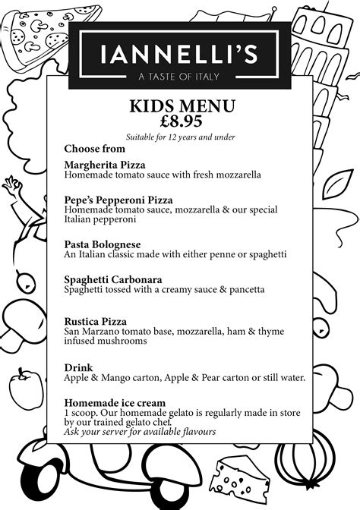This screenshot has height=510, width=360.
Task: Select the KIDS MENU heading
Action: click(x=182, y=105)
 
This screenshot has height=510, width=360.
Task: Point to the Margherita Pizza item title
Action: click(x=105, y=165)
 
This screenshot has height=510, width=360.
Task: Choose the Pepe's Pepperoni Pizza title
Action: click(x=113, y=200)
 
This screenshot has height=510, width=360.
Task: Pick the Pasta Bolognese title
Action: click(x=103, y=244)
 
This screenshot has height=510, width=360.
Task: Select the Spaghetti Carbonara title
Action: click(x=113, y=279)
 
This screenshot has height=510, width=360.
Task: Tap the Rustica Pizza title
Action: click(x=95, y=322)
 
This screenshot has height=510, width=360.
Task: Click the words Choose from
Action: click(x=94, y=149)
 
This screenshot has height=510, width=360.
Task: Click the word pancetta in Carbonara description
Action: click(x=243, y=289)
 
